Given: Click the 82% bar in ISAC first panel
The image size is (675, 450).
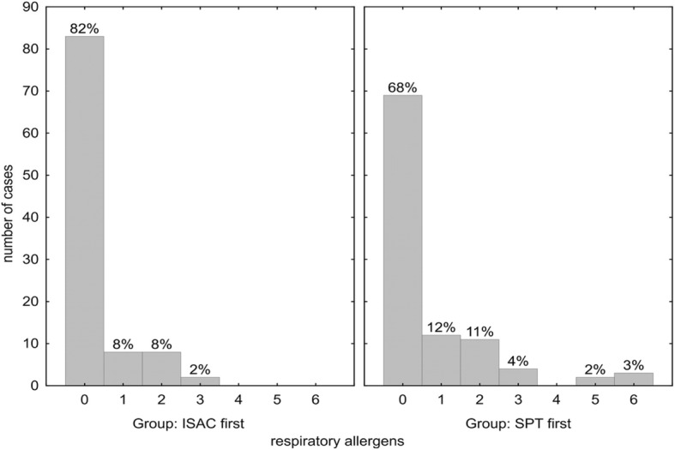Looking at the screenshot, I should click(x=84, y=210).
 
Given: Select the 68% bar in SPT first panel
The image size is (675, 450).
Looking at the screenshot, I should click(x=403, y=240).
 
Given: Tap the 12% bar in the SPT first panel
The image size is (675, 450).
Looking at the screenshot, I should click(x=442, y=360).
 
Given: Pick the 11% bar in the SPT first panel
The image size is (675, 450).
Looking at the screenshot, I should click(x=479, y=363).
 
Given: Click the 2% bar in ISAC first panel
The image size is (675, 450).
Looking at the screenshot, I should click(x=200, y=381).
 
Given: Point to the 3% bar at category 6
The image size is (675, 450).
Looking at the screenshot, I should click(x=634, y=379).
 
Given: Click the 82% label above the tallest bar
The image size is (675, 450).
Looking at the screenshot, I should click(x=84, y=27).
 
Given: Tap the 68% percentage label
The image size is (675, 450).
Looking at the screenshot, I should click(x=403, y=87).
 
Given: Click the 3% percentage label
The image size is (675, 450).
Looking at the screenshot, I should click(x=635, y=364).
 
